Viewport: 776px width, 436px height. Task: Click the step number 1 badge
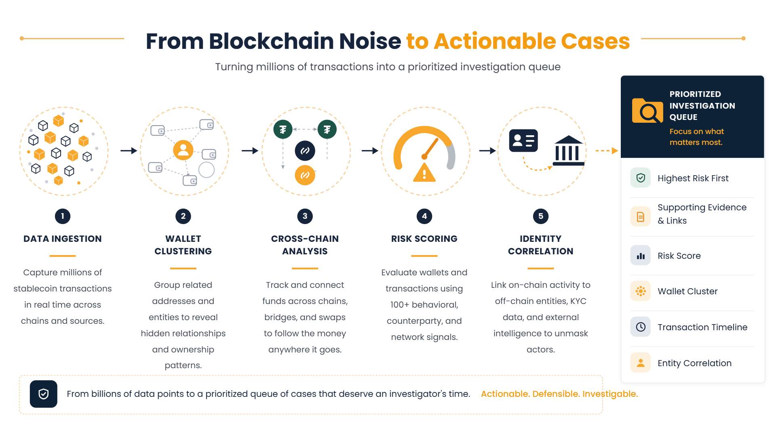click(63, 216)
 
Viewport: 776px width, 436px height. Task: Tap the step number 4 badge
click(424, 216)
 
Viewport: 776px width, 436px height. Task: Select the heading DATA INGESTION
click(63, 239)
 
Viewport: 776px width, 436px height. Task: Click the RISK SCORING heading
click(424, 239)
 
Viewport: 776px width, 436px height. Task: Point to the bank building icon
click(568, 151)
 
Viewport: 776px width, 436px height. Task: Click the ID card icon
click(523, 140)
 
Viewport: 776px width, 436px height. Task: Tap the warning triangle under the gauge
click(424, 173)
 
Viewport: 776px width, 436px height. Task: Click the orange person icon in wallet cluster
click(183, 150)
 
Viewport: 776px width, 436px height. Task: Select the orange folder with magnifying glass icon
click(647, 110)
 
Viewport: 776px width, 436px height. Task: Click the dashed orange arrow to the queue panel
click(607, 151)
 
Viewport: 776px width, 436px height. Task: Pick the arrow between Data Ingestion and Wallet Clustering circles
click(129, 151)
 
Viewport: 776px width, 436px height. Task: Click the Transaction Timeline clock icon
click(641, 327)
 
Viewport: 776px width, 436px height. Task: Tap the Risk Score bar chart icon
click(641, 256)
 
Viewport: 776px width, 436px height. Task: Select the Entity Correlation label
click(694, 363)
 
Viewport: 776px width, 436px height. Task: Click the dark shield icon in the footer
click(44, 394)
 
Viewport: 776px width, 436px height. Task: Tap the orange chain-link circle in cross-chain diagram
click(305, 175)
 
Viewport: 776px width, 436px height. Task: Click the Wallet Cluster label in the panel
click(687, 291)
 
